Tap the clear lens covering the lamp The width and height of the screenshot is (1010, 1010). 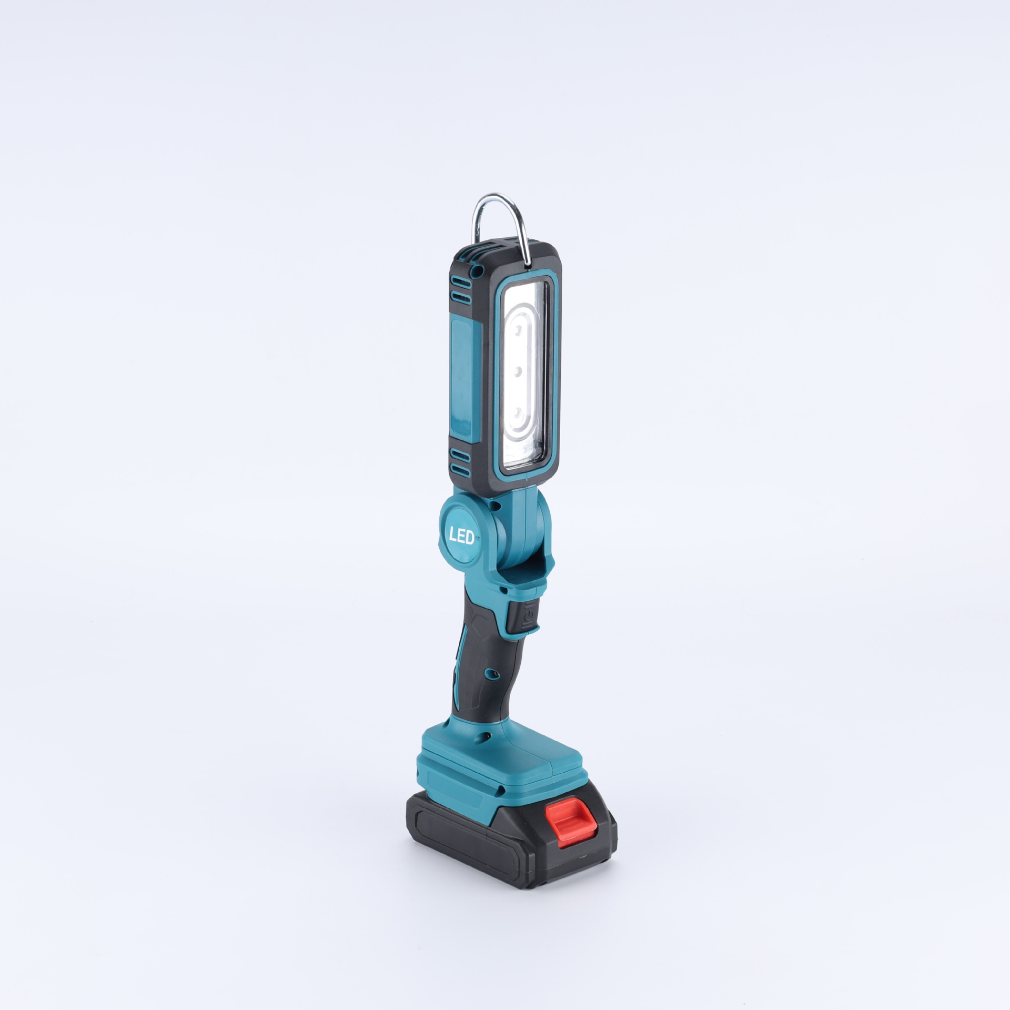click(526, 379)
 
